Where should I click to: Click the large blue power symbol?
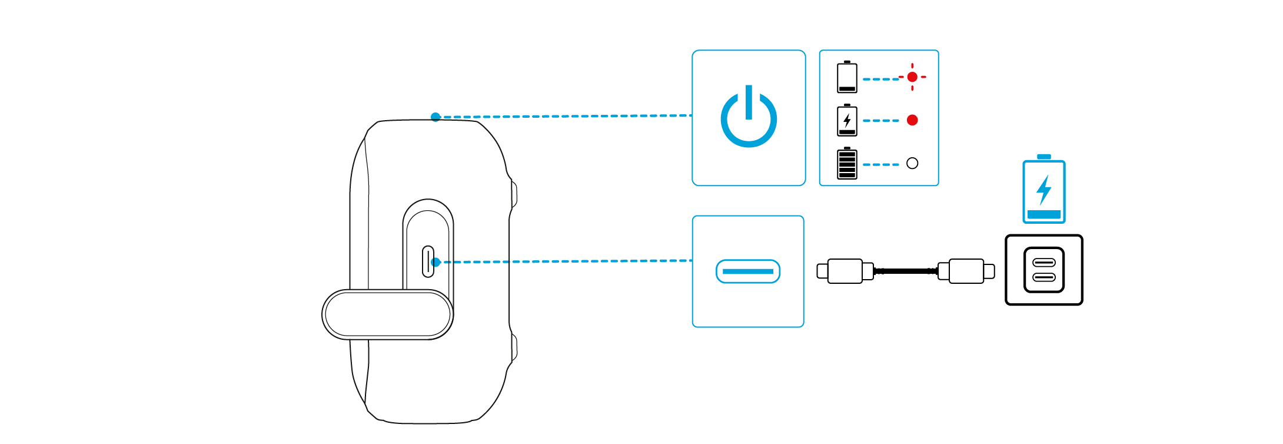click(749, 118)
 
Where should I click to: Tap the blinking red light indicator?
click(912, 77)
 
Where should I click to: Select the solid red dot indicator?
click(912, 120)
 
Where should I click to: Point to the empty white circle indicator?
click(912, 163)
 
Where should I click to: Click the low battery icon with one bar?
click(847, 78)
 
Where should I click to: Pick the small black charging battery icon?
click(847, 121)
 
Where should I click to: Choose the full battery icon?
click(847, 163)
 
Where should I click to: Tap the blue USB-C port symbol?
click(748, 271)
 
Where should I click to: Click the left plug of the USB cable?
click(845, 271)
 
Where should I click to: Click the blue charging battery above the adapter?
click(1044, 190)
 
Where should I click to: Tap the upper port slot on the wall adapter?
click(1044, 262)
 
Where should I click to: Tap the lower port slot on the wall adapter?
click(1044, 277)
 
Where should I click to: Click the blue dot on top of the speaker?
click(436, 117)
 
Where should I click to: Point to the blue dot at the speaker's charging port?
click(436, 262)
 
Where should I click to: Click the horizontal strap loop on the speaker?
click(387, 314)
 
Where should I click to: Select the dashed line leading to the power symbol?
click(565, 116)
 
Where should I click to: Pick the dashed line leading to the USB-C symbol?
click(565, 261)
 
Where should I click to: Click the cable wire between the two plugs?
click(906, 271)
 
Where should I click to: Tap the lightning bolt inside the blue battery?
click(1044, 190)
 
